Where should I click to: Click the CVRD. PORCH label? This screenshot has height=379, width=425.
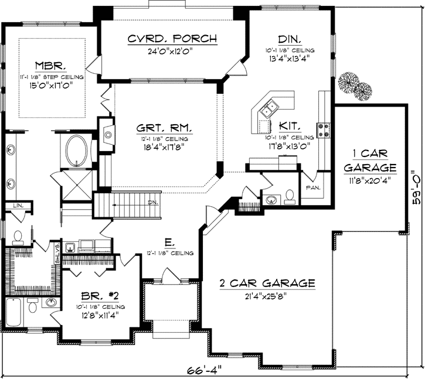(x=172, y=39)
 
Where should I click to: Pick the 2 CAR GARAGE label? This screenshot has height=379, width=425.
(x=267, y=284)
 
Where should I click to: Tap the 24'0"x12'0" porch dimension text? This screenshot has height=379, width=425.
(x=172, y=51)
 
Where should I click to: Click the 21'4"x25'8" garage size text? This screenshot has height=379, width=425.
(x=267, y=296)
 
